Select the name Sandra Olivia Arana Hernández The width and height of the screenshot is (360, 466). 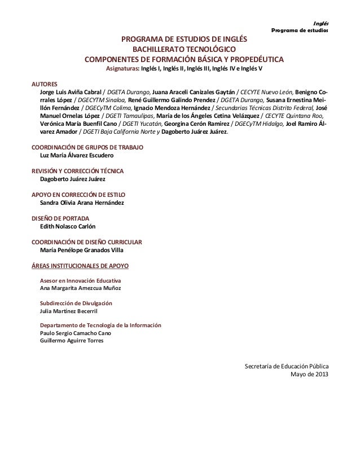[82, 202]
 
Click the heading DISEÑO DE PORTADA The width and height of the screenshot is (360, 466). [59, 218]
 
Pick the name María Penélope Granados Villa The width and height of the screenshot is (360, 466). [82, 250]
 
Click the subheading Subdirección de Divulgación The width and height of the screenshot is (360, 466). [76, 303]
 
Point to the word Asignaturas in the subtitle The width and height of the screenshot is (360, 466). [122, 69]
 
